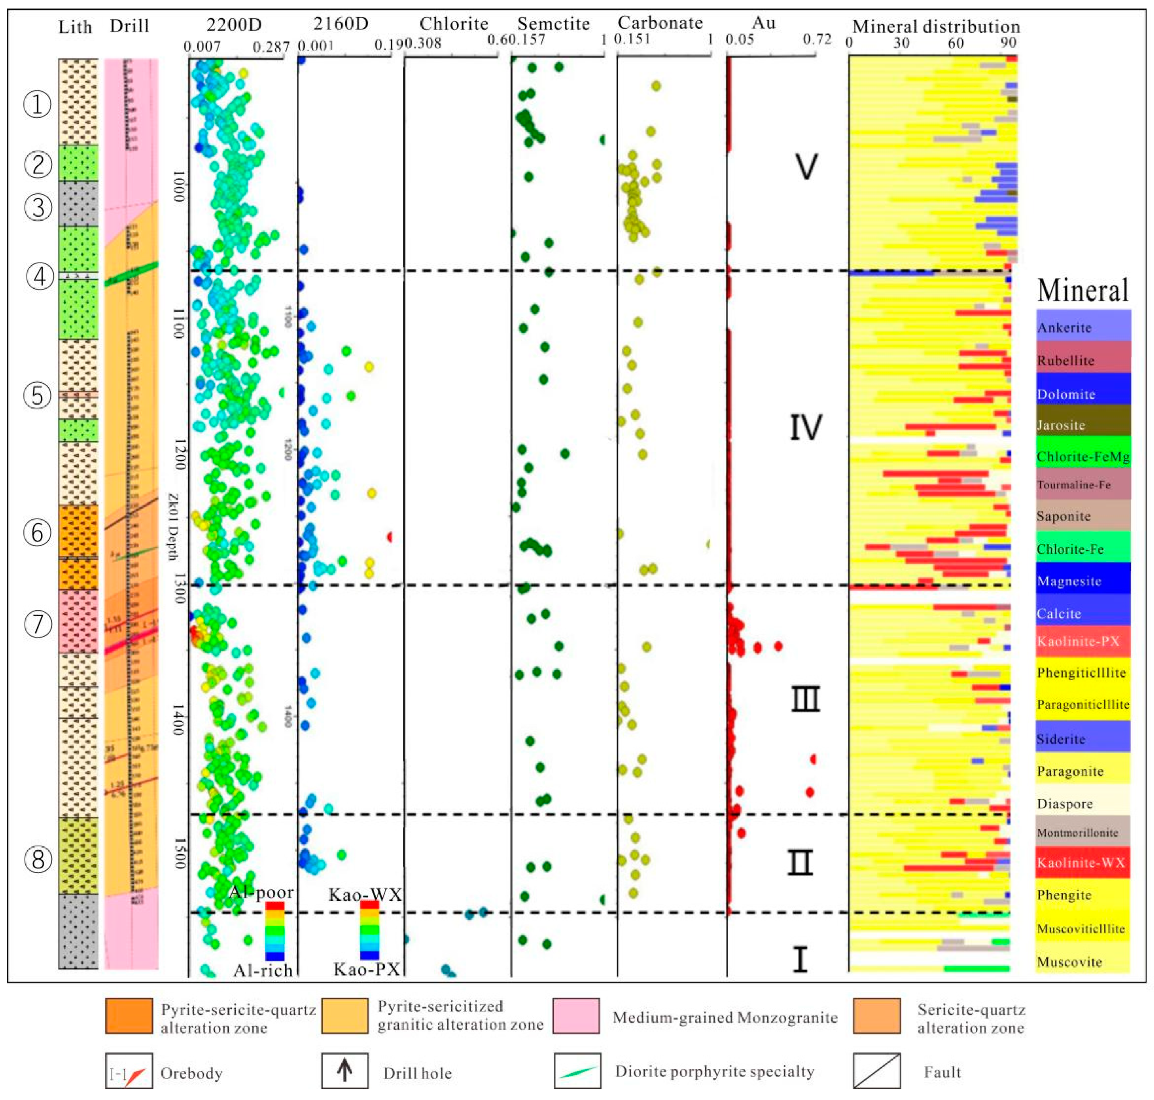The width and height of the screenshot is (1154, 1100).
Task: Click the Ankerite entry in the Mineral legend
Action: pos(1082,327)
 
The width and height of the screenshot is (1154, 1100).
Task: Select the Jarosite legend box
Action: pos(1082,424)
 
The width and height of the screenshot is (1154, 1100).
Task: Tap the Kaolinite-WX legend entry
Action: pos(1082,862)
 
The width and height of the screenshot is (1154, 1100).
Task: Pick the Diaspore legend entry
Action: pos(1082,803)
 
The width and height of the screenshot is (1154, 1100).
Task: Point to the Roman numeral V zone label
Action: pos(806,167)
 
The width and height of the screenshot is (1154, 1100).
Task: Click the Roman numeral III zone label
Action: pos(806,699)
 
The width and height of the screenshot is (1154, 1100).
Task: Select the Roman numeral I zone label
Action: pos(800,959)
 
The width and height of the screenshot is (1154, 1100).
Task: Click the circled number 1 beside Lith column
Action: pos(37,104)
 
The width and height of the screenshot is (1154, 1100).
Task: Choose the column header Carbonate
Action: pos(660,23)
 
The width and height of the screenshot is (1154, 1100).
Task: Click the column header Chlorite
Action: pos(454,23)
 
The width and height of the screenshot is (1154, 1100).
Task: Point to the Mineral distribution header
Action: pos(936,27)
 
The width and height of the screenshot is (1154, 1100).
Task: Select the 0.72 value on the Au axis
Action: pos(817,39)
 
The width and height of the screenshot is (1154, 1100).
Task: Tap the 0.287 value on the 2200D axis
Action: pos(271,46)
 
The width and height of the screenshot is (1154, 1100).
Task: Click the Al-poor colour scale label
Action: pos(261,892)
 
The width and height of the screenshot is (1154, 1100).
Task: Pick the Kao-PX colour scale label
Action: pos(366,969)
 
